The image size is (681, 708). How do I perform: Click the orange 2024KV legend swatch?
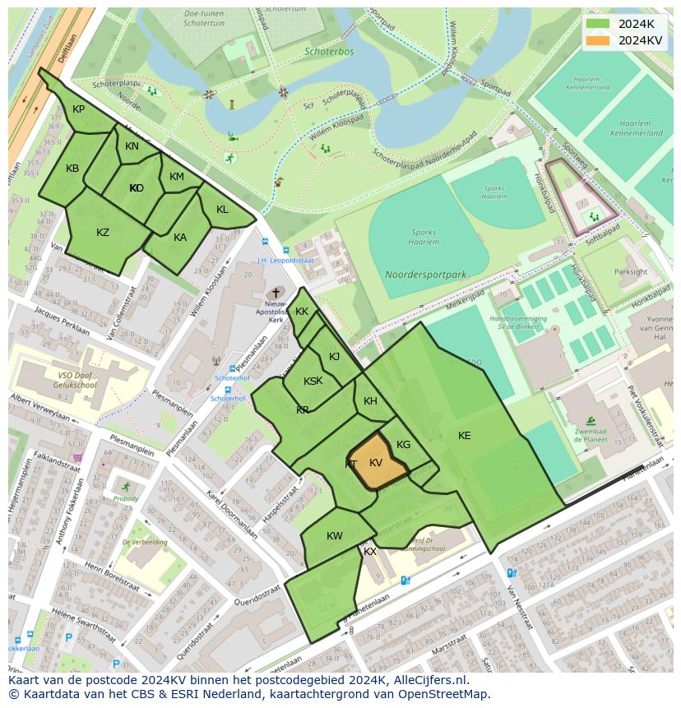[x=600, y=40]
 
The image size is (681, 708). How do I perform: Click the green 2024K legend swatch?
[x=600, y=24]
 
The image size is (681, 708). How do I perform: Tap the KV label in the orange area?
[x=376, y=464]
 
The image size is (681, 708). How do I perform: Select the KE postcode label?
[x=465, y=436]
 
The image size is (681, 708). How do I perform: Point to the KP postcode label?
[x=78, y=109]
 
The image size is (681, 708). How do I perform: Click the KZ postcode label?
[x=103, y=233]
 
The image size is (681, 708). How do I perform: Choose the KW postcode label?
[x=334, y=536]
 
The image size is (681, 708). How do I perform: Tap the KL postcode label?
[x=222, y=210]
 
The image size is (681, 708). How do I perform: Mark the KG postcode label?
[x=403, y=445]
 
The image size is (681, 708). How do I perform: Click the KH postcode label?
[x=370, y=401]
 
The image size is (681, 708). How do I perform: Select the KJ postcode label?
[x=334, y=357]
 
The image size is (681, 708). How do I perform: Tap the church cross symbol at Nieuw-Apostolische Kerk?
[x=276, y=292]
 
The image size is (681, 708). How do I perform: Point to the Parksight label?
[x=631, y=272]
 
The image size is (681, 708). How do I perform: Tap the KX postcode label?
[x=370, y=552]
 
